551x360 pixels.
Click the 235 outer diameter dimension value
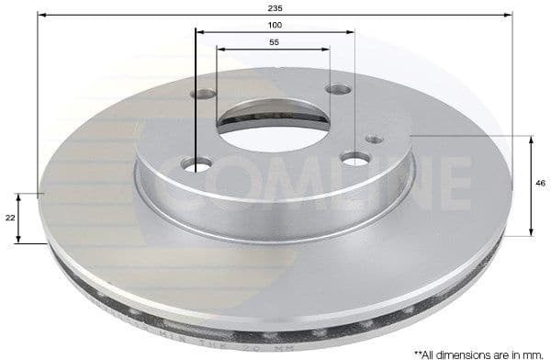(x=275, y=7)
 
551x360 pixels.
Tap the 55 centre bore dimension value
(x=275, y=42)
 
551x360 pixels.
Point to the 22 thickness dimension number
(x=10, y=217)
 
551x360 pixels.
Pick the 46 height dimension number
(x=540, y=184)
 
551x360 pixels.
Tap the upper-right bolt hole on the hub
(x=338, y=89)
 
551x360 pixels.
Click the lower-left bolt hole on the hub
(x=197, y=163)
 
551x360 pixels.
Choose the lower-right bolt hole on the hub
(x=354, y=158)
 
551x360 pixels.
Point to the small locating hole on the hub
(x=373, y=139)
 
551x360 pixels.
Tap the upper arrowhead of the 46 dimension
(x=531, y=141)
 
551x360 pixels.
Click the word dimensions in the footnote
(x=463, y=352)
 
